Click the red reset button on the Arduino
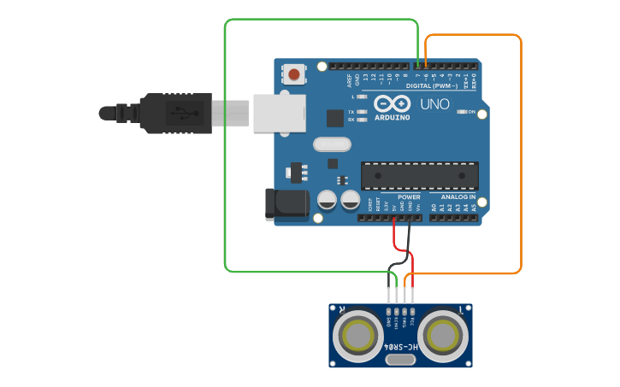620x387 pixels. [294, 74]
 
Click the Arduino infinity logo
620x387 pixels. [392, 103]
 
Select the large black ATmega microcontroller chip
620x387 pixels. [418, 174]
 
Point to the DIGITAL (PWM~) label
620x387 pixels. [432, 86]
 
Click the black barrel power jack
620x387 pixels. [287, 202]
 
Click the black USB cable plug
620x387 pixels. [171, 113]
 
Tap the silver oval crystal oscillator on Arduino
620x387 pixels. [331, 144]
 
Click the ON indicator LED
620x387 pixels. [461, 112]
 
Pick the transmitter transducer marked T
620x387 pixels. [445, 337]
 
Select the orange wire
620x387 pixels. [521, 154]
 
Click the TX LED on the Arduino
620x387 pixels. [363, 112]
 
